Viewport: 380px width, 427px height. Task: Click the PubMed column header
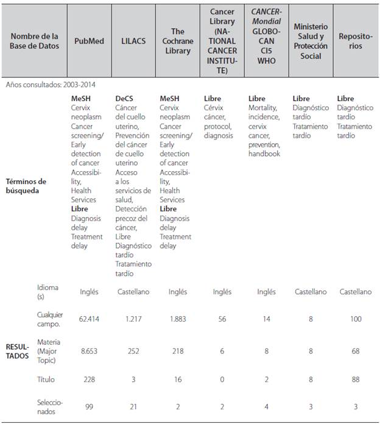(x=89, y=41)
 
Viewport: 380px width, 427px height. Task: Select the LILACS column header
(x=133, y=41)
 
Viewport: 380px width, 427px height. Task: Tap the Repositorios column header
(x=356, y=41)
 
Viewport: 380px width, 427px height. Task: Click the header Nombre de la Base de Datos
(x=35, y=41)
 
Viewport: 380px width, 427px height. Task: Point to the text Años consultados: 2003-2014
(x=51, y=85)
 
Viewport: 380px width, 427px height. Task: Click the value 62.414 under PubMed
(x=89, y=319)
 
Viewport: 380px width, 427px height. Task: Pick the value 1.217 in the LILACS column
(x=133, y=319)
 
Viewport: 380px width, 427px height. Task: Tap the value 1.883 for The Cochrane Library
(x=177, y=319)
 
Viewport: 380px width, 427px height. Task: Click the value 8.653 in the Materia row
(x=89, y=351)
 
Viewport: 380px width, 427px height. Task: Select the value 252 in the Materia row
(x=133, y=351)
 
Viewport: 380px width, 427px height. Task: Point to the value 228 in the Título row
(x=89, y=379)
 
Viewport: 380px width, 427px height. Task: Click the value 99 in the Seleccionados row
(x=89, y=407)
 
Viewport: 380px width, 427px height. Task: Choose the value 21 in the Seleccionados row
(x=133, y=407)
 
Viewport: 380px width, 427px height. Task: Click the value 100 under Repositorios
(x=356, y=319)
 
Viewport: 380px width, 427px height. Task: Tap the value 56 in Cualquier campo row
(x=222, y=319)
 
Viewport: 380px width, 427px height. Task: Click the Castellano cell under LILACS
(x=133, y=292)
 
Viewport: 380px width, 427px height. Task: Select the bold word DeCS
(x=125, y=98)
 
